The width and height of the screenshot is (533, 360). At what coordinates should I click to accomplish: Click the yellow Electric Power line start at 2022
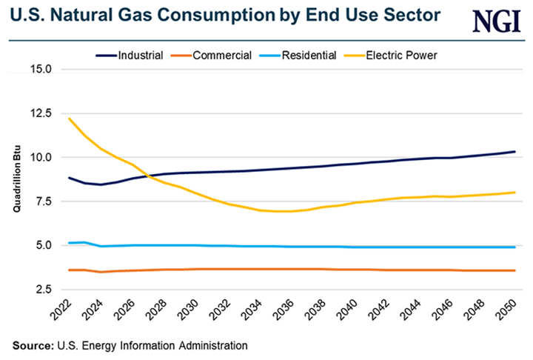click(x=69, y=119)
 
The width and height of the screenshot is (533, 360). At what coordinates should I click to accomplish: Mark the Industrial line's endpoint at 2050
click(x=514, y=152)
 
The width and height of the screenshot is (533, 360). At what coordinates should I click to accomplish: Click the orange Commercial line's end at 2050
click(x=514, y=270)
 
